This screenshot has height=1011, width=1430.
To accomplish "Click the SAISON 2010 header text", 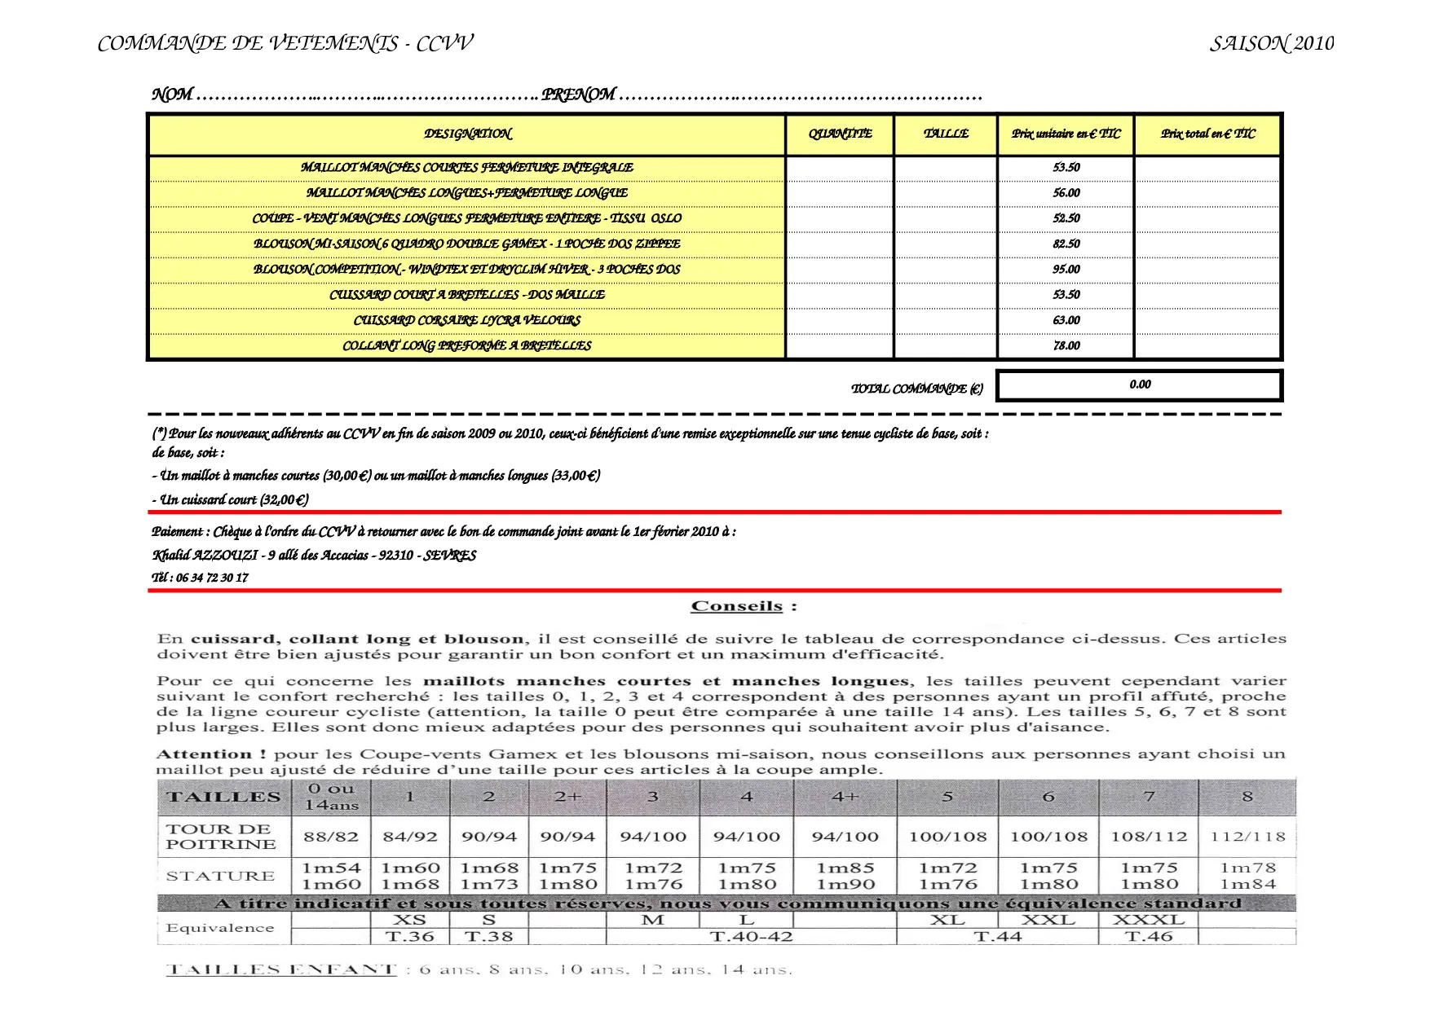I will pos(1271,44).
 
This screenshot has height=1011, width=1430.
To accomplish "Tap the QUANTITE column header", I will pos(840,134).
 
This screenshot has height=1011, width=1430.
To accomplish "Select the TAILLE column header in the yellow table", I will pos(946,134).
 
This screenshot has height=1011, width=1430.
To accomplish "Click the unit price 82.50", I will pos(1066,244).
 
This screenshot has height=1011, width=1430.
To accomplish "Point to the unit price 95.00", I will pos(1066,269).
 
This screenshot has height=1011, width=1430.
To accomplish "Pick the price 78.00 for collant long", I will pos(1066,345).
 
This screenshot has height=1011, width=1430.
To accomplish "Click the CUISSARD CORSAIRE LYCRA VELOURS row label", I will pos(466,320).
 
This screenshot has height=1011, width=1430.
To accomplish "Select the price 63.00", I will pos(1066,320).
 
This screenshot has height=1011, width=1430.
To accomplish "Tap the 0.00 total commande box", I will pos(1140,385).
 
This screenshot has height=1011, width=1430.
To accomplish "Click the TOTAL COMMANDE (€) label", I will pos(916,389).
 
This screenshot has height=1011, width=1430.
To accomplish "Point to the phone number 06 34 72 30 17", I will pos(212,578).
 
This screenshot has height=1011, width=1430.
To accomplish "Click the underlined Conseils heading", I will pos(737,606).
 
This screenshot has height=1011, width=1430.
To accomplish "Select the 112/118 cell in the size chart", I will pos(1247,837).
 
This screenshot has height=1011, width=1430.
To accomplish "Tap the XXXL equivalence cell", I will pos(1149,920).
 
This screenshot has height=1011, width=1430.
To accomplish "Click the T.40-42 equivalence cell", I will pos(751,937).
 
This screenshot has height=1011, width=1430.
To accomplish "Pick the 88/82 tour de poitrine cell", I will pos(330,837).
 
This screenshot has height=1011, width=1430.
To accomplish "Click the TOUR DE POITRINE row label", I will pos(221,837).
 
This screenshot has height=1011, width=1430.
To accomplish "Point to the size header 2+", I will pos(567,797).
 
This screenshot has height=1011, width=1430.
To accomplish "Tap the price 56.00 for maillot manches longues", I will pos(1066,193).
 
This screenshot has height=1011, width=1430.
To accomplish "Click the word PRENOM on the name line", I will pos(578,95).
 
